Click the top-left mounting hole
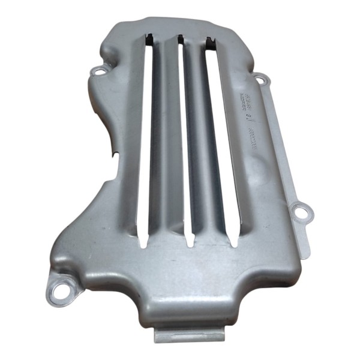pos(98,73)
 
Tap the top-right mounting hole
pos(260,79)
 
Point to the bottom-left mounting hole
pos(58,291)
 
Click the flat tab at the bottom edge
pos(188,332)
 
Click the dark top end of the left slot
pos(152,41)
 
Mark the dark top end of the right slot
pos(210,42)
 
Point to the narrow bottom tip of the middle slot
pos(188,242)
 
